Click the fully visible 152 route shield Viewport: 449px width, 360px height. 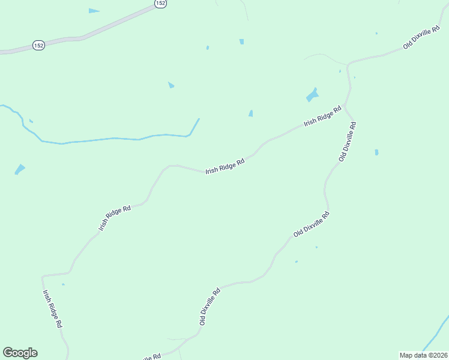pos(38,46)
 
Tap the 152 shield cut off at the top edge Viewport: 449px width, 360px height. pos(160,3)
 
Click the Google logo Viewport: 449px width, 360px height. pos(20,353)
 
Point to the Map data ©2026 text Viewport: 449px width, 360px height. pos(423,355)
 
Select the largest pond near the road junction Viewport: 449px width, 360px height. pos(312,95)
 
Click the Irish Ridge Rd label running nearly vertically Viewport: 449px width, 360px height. pos(52,308)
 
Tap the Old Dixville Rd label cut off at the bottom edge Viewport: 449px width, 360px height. pos(148,356)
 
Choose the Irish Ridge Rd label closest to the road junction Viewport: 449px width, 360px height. pos(322,115)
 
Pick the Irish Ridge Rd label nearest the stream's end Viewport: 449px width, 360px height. pos(225,166)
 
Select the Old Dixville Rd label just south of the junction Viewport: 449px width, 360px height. pos(348,142)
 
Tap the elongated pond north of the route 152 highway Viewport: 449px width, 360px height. pos(94,11)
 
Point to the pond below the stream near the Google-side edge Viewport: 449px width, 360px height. pos(20,169)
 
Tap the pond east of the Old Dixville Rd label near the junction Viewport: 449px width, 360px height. pos(376,152)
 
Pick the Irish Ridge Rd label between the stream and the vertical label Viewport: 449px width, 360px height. pos(115,218)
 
